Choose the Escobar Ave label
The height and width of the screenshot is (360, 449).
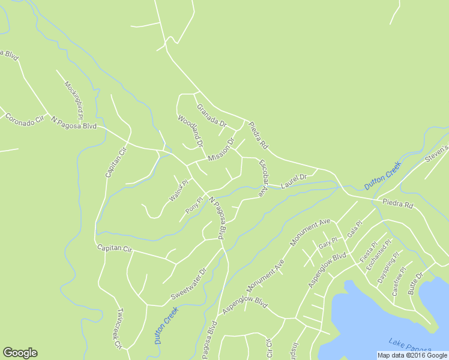[x=262, y=178]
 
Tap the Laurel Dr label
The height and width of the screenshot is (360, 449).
[x=294, y=178]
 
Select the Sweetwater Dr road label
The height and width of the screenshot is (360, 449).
[x=188, y=284]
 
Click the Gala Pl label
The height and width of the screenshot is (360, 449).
[x=355, y=229]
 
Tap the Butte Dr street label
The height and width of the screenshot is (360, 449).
[x=415, y=283]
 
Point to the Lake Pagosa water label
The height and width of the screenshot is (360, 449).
[x=409, y=345]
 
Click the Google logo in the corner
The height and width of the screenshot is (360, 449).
[x=20, y=353]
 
